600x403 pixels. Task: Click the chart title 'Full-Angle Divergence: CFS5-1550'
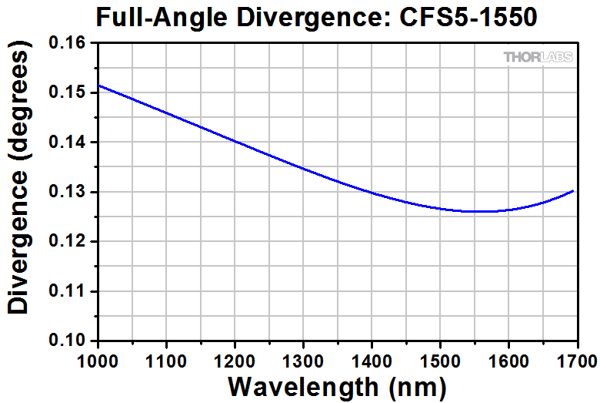pos(315,16)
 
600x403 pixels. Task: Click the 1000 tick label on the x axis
pos(98,359)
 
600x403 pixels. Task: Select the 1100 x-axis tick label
pos(167,359)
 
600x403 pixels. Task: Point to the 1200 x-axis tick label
pos(235,359)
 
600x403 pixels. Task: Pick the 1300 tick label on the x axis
pos(303,359)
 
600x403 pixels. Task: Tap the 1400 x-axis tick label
pos(372,359)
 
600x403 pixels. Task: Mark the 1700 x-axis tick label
pos(575,359)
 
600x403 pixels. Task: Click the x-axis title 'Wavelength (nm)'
pos(337,386)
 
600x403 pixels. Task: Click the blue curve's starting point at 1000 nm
pos(98,85)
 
